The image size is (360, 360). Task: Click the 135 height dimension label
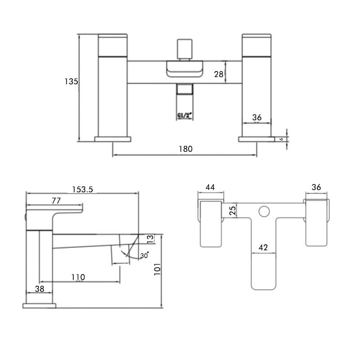pos(71,81)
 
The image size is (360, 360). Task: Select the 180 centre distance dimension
pos(185,149)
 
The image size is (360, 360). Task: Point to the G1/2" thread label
pos(184,116)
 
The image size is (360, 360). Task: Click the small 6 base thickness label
pos(281,139)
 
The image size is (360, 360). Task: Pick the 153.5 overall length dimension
pos(82,189)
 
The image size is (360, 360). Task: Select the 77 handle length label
pos(56,201)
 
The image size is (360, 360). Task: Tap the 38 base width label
pos(40,289)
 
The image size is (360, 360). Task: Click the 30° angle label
pos(144,255)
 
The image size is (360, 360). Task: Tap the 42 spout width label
pos(263,247)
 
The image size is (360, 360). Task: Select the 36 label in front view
pos(257,117)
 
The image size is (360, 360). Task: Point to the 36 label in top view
pos(317,187)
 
